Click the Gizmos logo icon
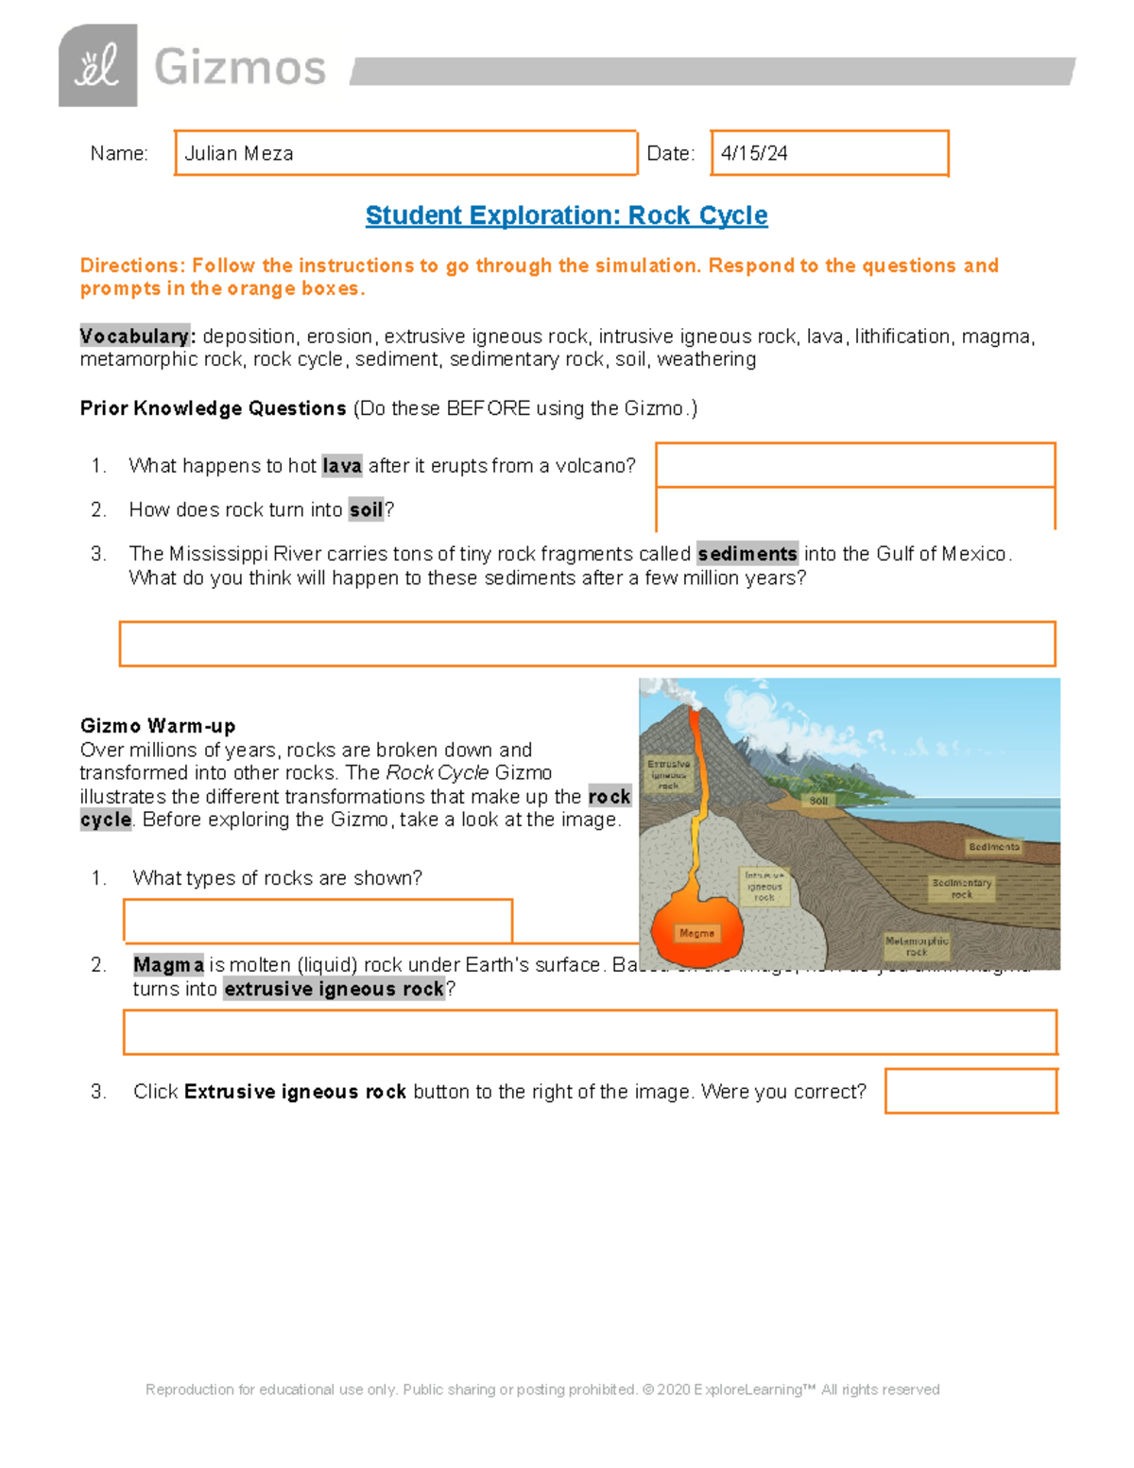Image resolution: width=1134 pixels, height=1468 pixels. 97,66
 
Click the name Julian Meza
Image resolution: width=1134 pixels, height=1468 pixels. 239,153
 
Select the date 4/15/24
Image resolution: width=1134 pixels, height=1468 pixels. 754,153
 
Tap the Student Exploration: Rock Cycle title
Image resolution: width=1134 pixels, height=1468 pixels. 566,216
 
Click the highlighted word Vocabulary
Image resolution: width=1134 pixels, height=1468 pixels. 135,337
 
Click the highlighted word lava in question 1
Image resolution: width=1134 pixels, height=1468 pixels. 341,466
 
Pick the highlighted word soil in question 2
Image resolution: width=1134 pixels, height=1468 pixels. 366,510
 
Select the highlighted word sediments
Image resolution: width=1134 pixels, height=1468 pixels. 747,554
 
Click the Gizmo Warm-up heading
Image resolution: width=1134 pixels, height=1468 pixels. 158,726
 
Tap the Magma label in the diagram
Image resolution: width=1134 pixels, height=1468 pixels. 696,933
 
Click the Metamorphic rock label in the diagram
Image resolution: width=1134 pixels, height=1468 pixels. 916,946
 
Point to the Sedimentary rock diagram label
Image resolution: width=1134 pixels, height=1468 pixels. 961,889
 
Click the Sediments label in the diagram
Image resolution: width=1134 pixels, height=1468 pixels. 993,847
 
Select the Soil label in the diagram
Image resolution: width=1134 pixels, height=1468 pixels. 818,801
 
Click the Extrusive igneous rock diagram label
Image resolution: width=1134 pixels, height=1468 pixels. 668,774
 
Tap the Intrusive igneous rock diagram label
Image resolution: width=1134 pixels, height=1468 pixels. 764,887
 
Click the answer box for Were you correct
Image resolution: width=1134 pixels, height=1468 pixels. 971,1091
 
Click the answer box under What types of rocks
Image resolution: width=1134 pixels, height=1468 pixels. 318,921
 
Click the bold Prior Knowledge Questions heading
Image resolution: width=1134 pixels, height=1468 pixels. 213,408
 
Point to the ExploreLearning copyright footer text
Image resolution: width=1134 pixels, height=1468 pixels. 542,1390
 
